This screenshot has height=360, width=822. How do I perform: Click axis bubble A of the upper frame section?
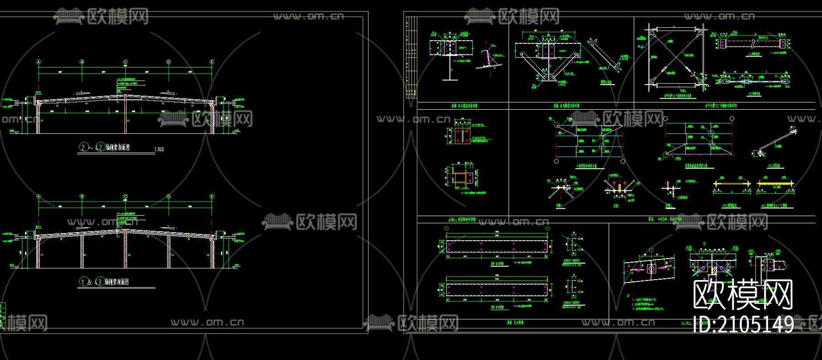[x=39, y=62]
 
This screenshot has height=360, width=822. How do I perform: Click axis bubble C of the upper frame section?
[x=125, y=62]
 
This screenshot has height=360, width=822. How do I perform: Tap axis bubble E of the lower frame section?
[x=212, y=196]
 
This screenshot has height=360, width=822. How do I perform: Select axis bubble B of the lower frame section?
[x=82, y=196]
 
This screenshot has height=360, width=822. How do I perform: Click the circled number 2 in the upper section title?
[x=84, y=147]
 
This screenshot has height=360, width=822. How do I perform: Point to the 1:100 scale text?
[x=159, y=149]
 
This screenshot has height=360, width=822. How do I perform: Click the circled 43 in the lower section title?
[x=98, y=282]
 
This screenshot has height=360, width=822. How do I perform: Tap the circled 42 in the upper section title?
[x=100, y=147]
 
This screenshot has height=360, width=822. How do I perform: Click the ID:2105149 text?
[x=743, y=324]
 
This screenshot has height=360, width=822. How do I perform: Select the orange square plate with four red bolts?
[x=460, y=136]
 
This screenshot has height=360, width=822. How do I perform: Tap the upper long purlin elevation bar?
[x=497, y=247]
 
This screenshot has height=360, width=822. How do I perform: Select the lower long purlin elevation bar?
[x=497, y=290]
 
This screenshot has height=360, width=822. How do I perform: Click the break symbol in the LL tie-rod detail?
[x=752, y=43]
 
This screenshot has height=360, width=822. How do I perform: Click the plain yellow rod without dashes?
[x=732, y=184]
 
